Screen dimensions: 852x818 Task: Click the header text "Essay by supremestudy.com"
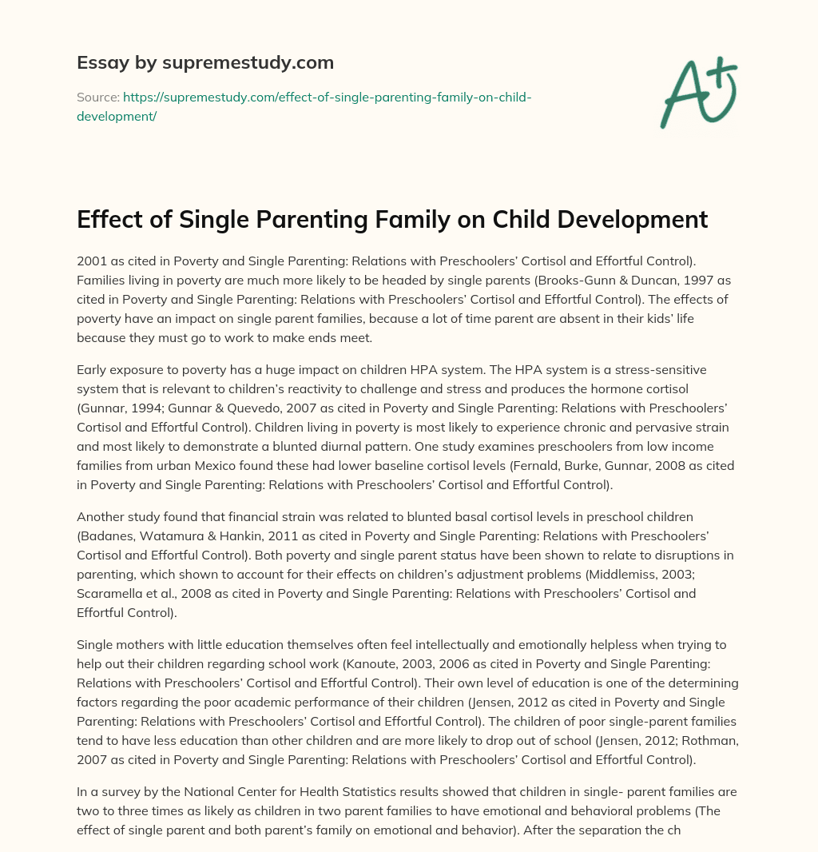pyautogui.click(x=205, y=62)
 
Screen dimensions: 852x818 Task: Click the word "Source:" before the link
pyautogui.click(x=97, y=98)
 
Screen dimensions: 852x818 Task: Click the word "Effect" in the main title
pyautogui.click(x=109, y=219)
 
